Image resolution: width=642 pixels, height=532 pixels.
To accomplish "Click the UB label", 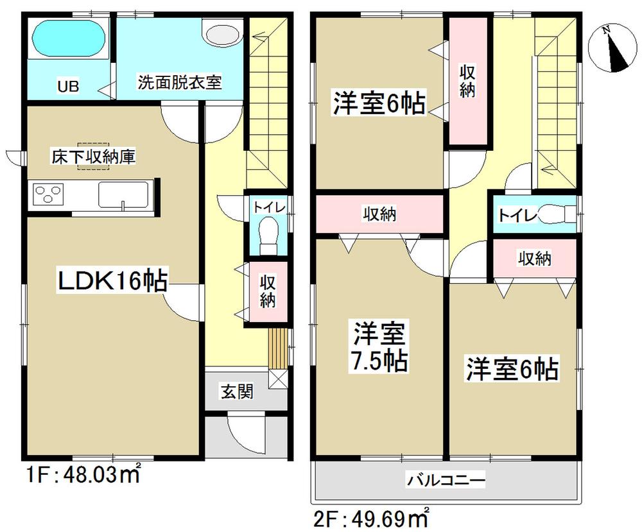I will click(69, 86).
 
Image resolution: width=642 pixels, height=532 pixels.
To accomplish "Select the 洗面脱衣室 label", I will click(180, 83).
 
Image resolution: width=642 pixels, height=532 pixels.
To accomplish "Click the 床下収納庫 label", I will click(94, 156).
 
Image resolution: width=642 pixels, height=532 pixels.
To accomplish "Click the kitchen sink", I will click(123, 194).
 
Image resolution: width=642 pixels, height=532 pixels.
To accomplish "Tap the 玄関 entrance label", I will click(236, 391).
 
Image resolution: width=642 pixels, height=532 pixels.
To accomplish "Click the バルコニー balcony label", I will click(445, 479).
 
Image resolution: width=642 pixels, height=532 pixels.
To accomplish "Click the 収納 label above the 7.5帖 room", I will click(379, 214).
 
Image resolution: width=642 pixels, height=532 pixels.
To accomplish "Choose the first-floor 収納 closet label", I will click(267, 291).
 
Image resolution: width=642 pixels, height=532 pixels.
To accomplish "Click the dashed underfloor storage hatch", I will click(94, 156).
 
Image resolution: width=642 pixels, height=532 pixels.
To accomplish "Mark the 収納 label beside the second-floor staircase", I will click(467, 82).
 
